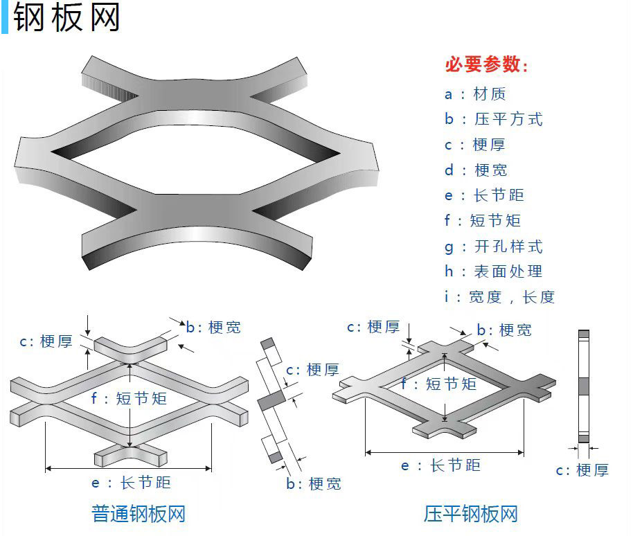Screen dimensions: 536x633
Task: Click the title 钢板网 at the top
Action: click(x=66, y=17)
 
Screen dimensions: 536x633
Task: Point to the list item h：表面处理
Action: click(x=493, y=271)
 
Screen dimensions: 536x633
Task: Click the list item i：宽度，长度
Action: click(x=499, y=297)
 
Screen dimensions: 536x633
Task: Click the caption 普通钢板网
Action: click(x=139, y=514)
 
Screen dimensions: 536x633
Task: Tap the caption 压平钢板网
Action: click(x=471, y=514)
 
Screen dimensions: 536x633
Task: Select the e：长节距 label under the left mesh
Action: click(x=131, y=482)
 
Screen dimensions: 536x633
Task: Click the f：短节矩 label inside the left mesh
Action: click(x=130, y=398)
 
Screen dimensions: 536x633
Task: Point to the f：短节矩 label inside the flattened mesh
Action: click(x=439, y=383)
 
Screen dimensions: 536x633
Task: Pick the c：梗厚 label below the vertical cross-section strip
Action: click(x=582, y=471)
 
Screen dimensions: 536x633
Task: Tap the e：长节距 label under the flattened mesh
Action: click(x=440, y=465)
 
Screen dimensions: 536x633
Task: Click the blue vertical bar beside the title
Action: click(x=4, y=17)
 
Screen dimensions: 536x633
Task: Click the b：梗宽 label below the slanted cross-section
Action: click(x=314, y=483)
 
